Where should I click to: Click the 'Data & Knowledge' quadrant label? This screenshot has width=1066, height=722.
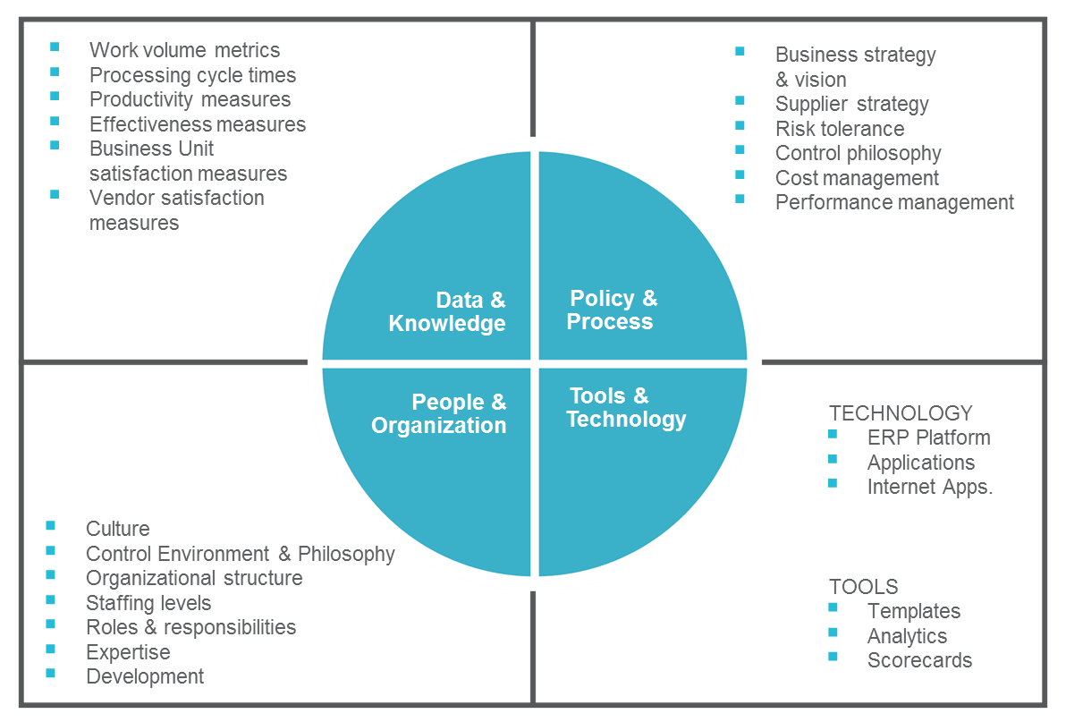point(446,311)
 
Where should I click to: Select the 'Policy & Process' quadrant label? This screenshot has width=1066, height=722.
point(612,310)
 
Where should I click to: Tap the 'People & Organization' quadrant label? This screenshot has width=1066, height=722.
point(438,413)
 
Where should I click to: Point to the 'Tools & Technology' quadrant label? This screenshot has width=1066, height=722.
point(626,407)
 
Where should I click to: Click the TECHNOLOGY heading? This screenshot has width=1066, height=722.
point(901,412)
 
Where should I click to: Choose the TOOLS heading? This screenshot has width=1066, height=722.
point(863,586)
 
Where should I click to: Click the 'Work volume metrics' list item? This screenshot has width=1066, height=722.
point(184,49)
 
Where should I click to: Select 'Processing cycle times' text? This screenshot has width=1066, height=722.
point(192,75)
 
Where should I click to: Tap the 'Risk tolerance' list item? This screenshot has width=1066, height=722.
point(840,129)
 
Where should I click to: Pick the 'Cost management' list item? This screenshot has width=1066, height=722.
point(857,178)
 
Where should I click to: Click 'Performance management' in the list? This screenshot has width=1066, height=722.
point(894,202)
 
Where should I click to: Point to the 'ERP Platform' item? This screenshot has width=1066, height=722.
point(928,437)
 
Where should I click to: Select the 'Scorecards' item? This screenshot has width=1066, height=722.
point(919,660)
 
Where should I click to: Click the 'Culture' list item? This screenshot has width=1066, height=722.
point(118,528)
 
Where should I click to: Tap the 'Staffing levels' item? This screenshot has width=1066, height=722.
point(148,603)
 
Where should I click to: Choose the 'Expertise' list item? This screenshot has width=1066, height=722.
point(128,652)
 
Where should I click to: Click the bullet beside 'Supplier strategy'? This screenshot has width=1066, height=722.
point(740,100)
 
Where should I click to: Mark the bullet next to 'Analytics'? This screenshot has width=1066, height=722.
point(833,633)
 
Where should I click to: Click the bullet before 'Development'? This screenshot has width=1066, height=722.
point(50,673)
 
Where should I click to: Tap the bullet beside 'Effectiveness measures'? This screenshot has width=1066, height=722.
point(55,121)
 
